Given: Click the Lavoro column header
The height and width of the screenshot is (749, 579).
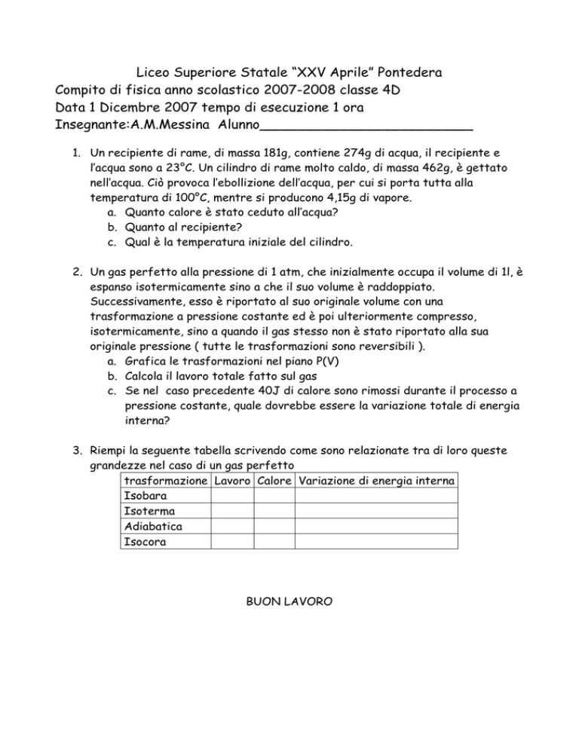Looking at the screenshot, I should [233, 481].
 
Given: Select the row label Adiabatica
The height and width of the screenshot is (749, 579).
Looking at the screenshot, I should [151, 526].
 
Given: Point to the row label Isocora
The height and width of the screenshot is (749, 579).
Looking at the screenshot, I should [144, 541].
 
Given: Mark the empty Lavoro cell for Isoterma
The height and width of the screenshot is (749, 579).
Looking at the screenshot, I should [233, 511].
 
